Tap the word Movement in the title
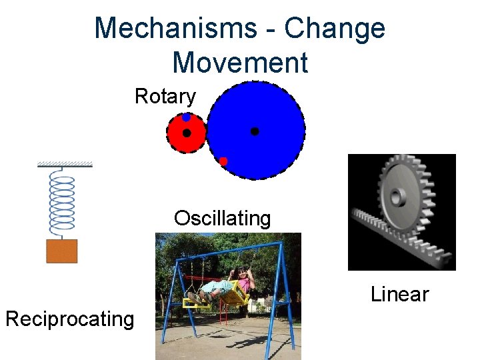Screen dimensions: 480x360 pyautogui.click(x=240, y=62)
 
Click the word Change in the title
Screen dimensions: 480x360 pyautogui.click(x=335, y=29)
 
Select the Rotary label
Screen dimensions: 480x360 pyautogui.click(x=165, y=97)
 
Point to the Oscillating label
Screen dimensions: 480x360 pyautogui.click(x=222, y=218)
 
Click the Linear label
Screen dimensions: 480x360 pyautogui.click(x=399, y=293)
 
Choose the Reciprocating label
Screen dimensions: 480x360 pyautogui.click(x=69, y=319)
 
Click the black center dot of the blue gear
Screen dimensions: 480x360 pyautogui.click(x=255, y=132)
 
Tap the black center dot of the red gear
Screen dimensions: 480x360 pyautogui.click(x=187, y=133)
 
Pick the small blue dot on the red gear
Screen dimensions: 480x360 pyautogui.click(x=187, y=117)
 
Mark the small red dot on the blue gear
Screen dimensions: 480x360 pyautogui.click(x=223, y=161)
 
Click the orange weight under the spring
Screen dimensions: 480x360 pyautogui.click(x=61, y=251)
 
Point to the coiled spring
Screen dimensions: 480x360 pyautogui.click(x=63, y=203)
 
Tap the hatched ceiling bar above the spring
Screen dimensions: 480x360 pyautogui.click(x=65, y=164)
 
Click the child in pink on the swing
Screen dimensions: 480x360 pyautogui.click(x=243, y=280)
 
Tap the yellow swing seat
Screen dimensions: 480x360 pyautogui.click(x=233, y=294)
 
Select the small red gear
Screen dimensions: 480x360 pyautogui.click(x=179, y=140)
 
